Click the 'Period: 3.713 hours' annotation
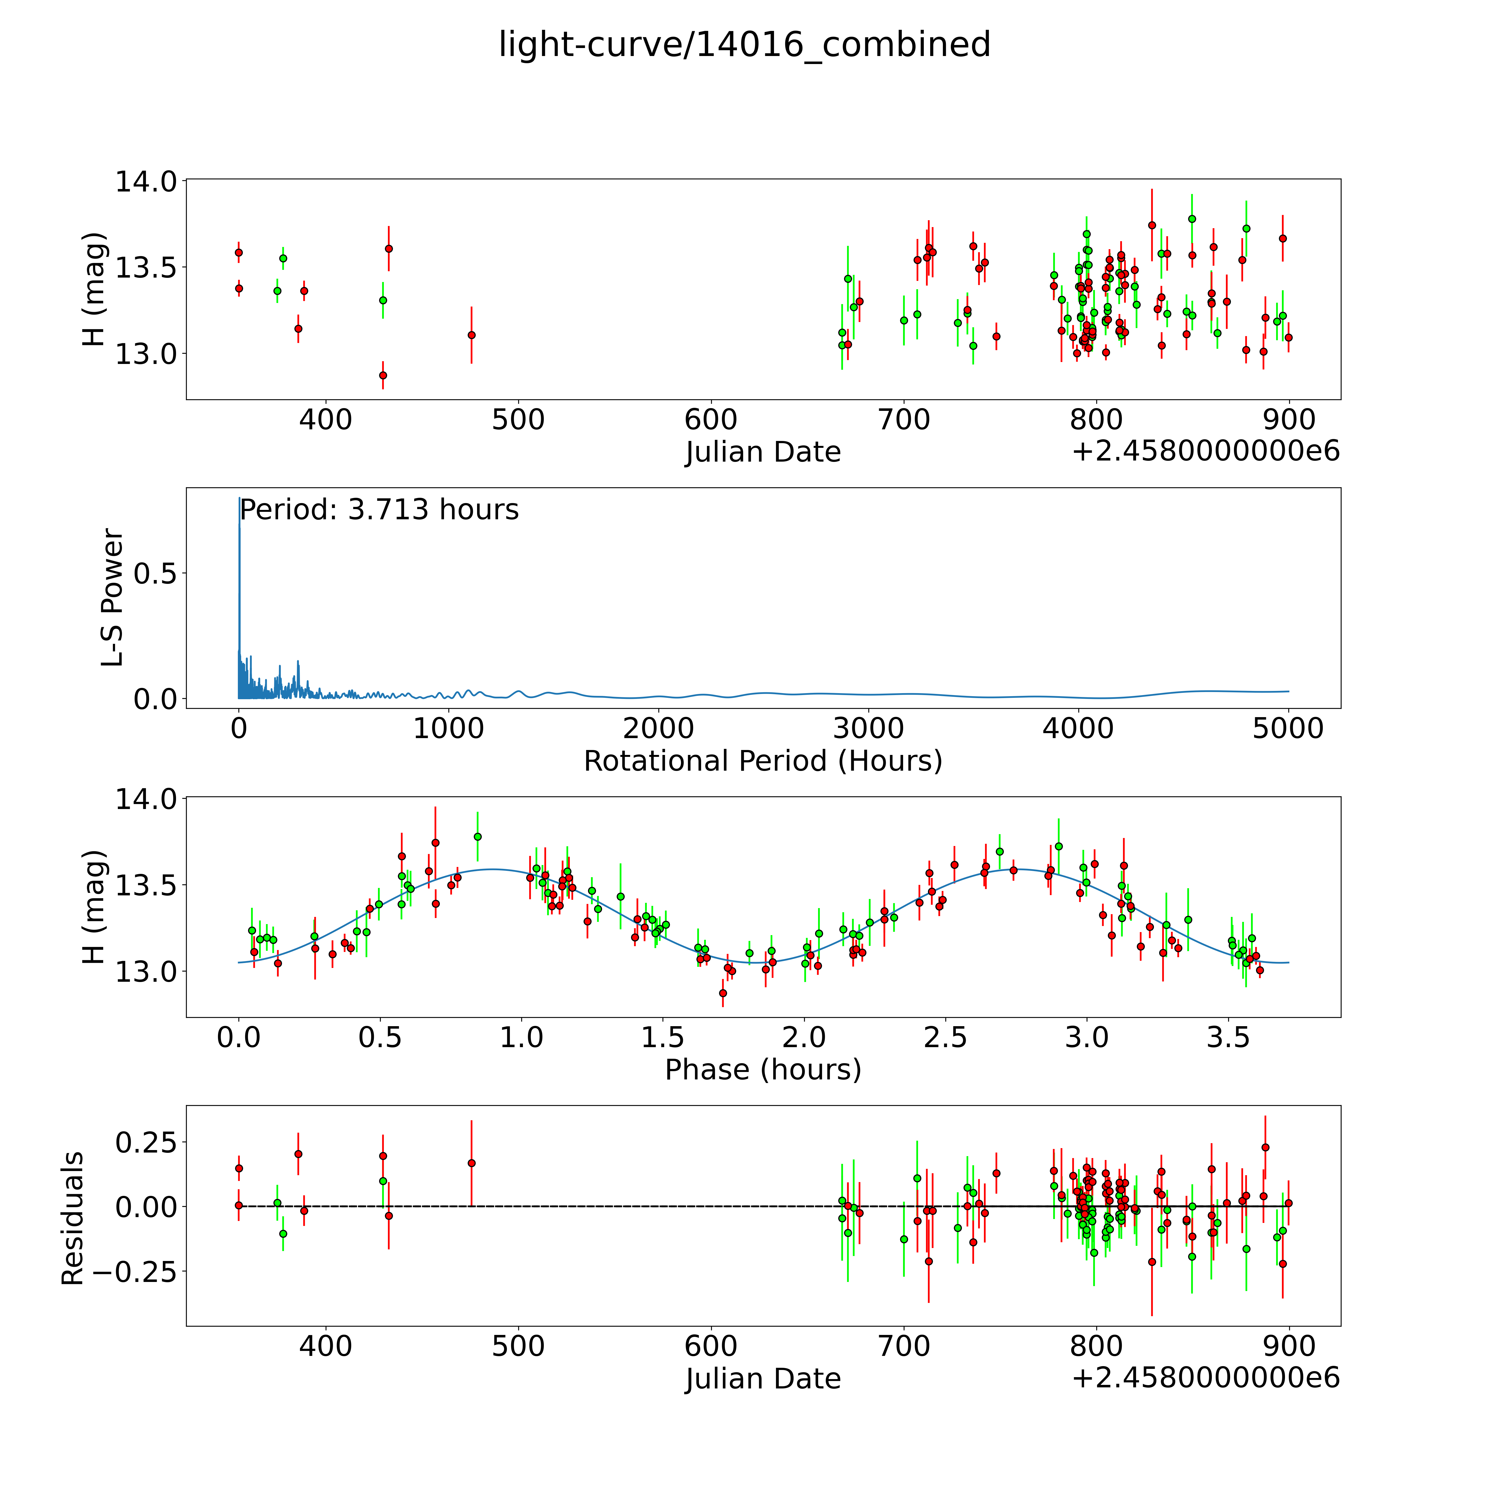379,510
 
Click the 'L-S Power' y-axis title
113,598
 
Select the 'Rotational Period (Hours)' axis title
763,761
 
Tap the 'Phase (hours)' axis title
763,1070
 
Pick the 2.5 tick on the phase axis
946,1037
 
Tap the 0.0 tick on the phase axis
238,1037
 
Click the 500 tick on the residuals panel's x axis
518,1346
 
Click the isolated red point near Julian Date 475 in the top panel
471,335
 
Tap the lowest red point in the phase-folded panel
723,993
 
